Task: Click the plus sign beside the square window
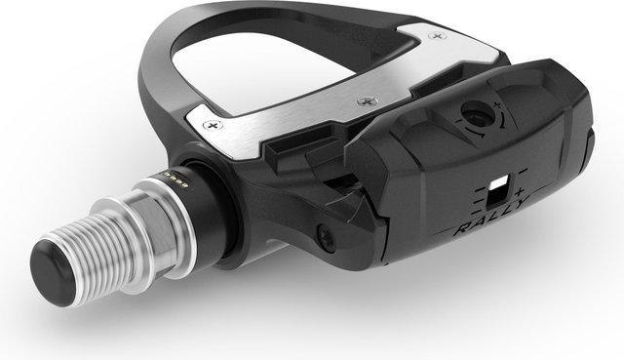click(x=519, y=183)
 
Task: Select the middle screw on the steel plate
click(x=366, y=98)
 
